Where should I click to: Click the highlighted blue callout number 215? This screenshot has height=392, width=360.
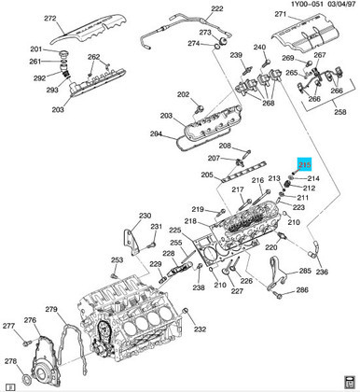coord(303,164)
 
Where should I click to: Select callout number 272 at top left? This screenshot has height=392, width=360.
coord(49,19)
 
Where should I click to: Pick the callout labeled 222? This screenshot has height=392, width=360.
coord(216,9)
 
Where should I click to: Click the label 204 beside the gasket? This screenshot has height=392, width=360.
coord(156,133)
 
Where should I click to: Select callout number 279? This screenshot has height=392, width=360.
coord(52,309)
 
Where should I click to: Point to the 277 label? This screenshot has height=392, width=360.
coord(8,326)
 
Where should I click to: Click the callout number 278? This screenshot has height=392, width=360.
coord(11,361)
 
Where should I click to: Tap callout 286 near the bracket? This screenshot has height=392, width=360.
coord(302,291)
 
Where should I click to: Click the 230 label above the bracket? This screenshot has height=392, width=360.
coord(145,216)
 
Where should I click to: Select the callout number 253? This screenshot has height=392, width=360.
coord(116,260)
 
